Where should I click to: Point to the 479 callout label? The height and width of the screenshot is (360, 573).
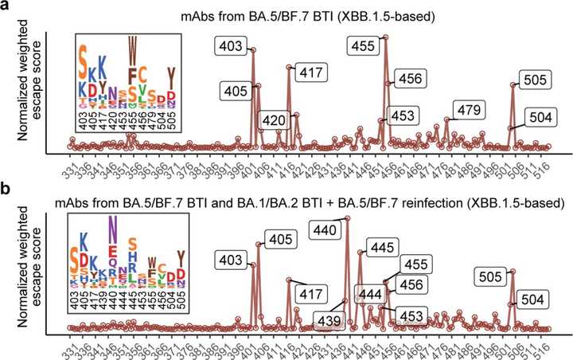click(467, 108)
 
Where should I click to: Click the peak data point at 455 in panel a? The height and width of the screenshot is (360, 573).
click(386, 37)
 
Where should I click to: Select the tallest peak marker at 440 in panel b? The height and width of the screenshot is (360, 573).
click(347, 218)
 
